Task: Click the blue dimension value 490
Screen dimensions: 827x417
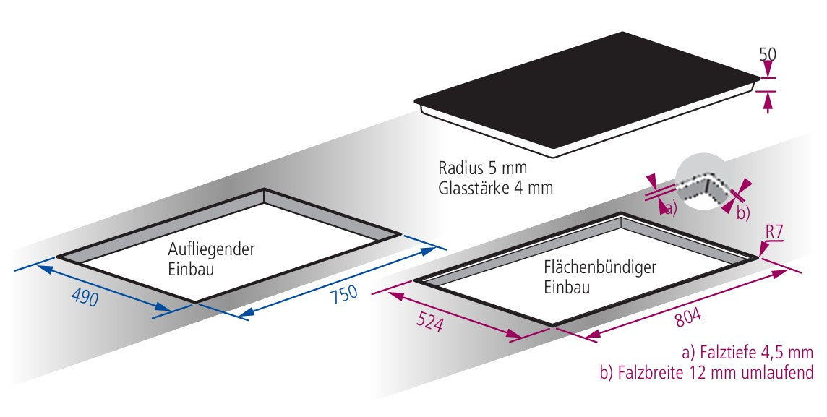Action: pos(85,298)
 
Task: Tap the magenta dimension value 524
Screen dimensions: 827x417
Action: pos(429,322)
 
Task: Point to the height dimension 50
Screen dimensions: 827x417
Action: pos(768,53)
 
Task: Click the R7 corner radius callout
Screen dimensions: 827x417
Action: pos(774,233)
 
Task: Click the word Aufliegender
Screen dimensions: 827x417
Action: pos(211,249)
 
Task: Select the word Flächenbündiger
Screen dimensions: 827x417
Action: pos(600,267)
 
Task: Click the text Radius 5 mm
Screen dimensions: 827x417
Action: pos(483,168)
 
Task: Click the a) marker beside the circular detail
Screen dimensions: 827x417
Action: pos(670,208)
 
